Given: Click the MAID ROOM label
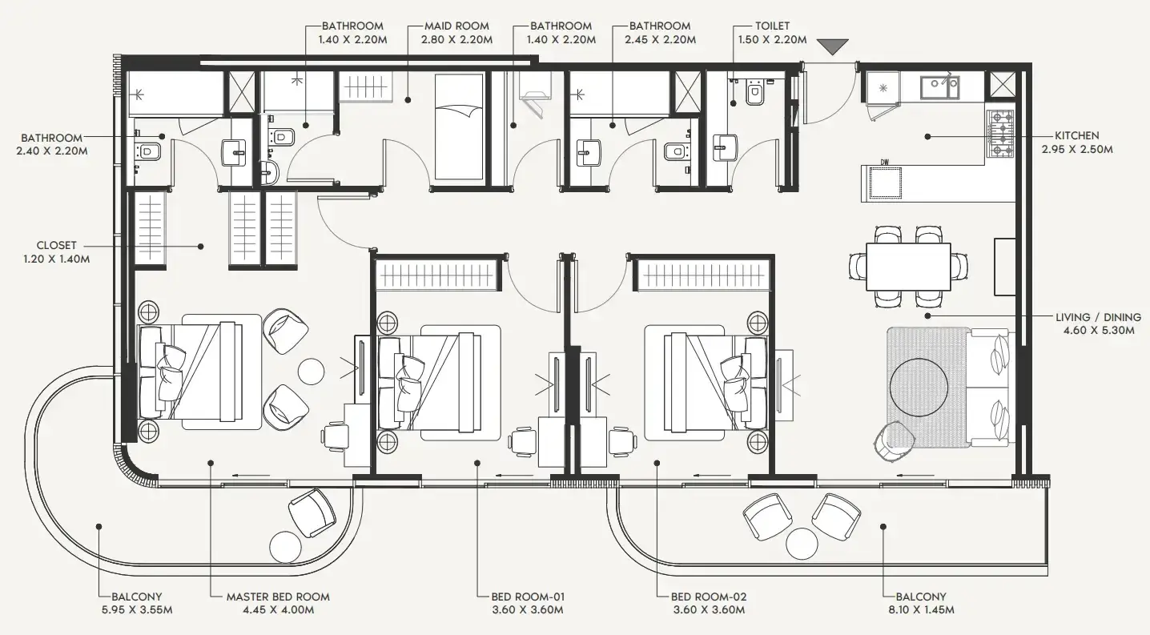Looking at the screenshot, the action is (x=456, y=26).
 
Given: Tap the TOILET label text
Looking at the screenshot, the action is (x=772, y=26).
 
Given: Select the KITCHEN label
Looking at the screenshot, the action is (x=1076, y=135).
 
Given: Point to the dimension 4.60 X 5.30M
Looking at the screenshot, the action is (x=1099, y=330).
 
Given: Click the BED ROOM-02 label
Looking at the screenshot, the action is (x=709, y=597).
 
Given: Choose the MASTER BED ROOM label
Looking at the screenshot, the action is (x=278, y=597).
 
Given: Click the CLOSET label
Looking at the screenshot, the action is (x=57, y=245).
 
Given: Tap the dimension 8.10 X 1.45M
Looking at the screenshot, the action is (x=921, y=610).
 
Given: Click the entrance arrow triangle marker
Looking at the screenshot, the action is (x=832, y=46).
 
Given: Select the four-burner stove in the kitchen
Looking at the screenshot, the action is (x=999, y=133).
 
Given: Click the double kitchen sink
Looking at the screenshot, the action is (x=939, y=87).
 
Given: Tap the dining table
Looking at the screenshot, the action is (x=908, y=267).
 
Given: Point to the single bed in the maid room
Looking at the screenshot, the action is (x=460, y=127).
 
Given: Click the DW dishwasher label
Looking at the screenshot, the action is (x=885, y=163).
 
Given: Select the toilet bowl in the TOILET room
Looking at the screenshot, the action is (x=754, y=94).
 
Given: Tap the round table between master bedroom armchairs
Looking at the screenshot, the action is (x=311, y=371).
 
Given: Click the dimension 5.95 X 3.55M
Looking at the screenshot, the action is (x=137, y=610).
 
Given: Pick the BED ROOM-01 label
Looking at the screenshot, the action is (x=528, y=597).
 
